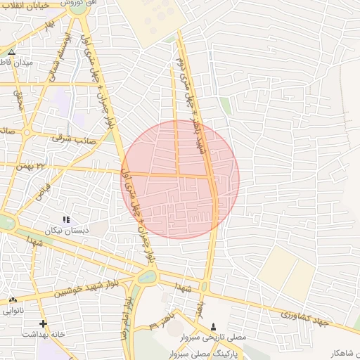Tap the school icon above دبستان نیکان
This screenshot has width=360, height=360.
pos(66,219)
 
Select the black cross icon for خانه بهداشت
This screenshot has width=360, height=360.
pos(44,323)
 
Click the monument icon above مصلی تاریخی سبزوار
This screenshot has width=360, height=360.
pos(214,327)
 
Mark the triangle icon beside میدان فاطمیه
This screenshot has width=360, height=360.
pos(11,52)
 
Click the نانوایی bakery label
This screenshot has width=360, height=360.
pos(13,310)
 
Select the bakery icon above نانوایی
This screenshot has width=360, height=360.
pos(13,300)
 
